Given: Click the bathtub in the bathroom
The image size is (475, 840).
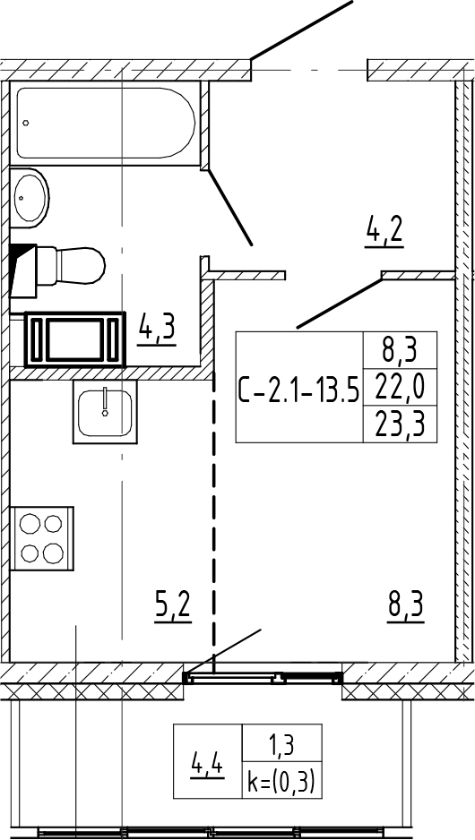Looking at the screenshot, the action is tap(105, 124).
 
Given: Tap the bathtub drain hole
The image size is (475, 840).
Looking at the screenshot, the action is tap(26, 123).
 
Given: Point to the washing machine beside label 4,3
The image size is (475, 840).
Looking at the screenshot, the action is tap(75, 339).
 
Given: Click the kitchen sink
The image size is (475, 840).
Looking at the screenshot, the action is tap(105, 412).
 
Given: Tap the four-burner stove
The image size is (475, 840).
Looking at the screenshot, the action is tap(42, 538).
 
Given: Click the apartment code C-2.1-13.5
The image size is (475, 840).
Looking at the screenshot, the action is tap(298, 388).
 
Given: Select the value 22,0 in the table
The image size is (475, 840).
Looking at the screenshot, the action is tap(400, 388).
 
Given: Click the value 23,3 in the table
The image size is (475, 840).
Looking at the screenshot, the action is tap(400, 424).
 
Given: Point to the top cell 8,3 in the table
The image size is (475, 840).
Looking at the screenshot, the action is tap(400, 351).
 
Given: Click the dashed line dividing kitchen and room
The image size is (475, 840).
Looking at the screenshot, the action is tap(213, 519).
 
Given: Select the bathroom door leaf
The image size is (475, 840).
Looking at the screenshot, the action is tap(230, 208).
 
